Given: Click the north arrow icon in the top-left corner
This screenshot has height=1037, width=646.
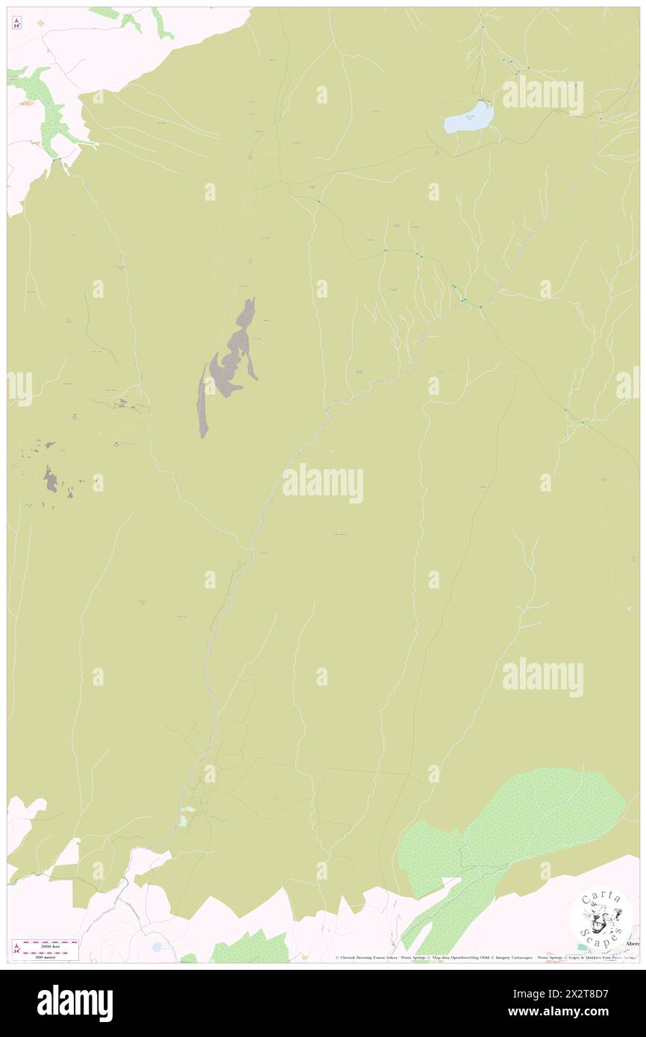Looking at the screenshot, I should click(x=16, y=23).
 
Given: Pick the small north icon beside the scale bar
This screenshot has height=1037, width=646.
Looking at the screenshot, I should click(x=16, y=948).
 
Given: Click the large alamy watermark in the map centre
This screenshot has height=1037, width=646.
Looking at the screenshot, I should click(x=323, y=483).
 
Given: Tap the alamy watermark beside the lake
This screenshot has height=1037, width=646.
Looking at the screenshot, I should click(x=542, y=95).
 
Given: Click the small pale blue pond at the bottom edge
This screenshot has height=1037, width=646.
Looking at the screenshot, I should click(x=156, y=947).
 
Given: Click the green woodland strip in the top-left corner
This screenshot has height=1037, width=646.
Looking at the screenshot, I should click(x=45, y=104).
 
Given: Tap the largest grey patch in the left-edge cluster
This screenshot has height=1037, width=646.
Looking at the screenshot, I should click(x=50, y=479).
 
